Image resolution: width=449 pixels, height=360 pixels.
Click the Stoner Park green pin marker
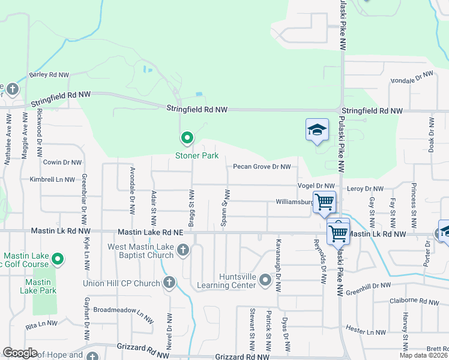pyautogui.click(x=187, y=139)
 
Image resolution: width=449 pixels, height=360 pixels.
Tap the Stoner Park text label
pyautogui.click(x=196, y=155)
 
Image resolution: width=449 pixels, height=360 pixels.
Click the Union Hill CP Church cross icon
pyautogui.click(x=169, y=282)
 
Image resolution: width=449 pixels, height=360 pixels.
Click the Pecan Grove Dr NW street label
pyautogui.click(x=262, y=167)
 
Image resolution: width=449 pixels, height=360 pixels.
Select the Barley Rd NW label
pyautogui.click(x=49, y=75)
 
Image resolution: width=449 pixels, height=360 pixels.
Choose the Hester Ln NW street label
pyautogui.click(x=366, y=332)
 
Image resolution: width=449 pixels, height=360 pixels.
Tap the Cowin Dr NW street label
pyautogui.click(x=62, y=162)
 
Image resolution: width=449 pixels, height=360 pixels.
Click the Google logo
pyautogui.click(x=20, y=353)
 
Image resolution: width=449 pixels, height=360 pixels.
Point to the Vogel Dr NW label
pyautogui.click(x=315, y=186)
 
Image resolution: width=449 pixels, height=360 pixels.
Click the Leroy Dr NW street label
pyautogui.click(x=365, y=188)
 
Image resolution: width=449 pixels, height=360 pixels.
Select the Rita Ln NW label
pyautogui.click(x=41, y=326)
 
